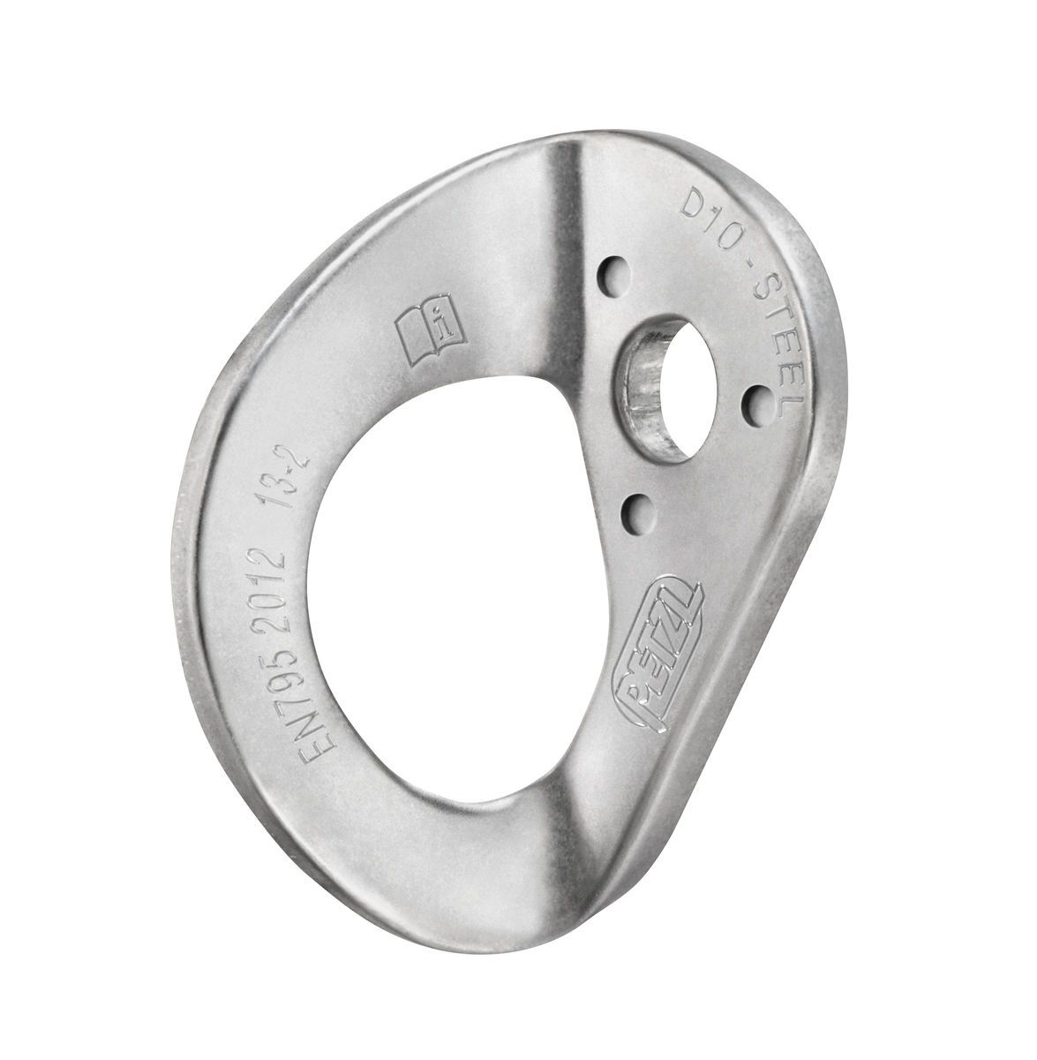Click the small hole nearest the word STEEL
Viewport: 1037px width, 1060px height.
[x=752, y=402]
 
